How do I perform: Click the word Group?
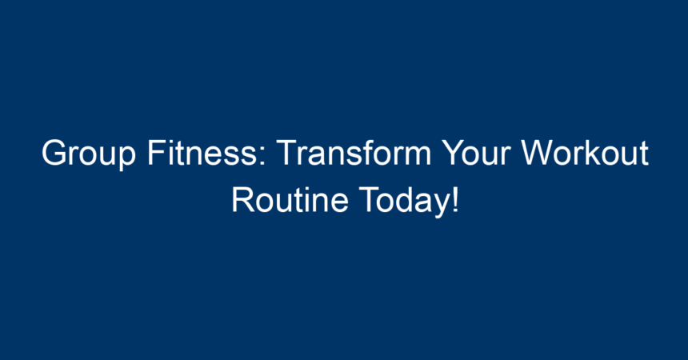tap(89, 154)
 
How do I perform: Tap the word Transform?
tap(354, 152)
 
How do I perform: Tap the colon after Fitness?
tap(263, 157)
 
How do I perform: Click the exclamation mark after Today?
tap(455, 200)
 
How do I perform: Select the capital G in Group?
tap(54, 152)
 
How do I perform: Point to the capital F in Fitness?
tap(157, 152)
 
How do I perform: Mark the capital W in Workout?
tap(539, 152)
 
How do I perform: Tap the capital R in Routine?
tap(243, 200)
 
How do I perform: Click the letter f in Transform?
tap(367, 152)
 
